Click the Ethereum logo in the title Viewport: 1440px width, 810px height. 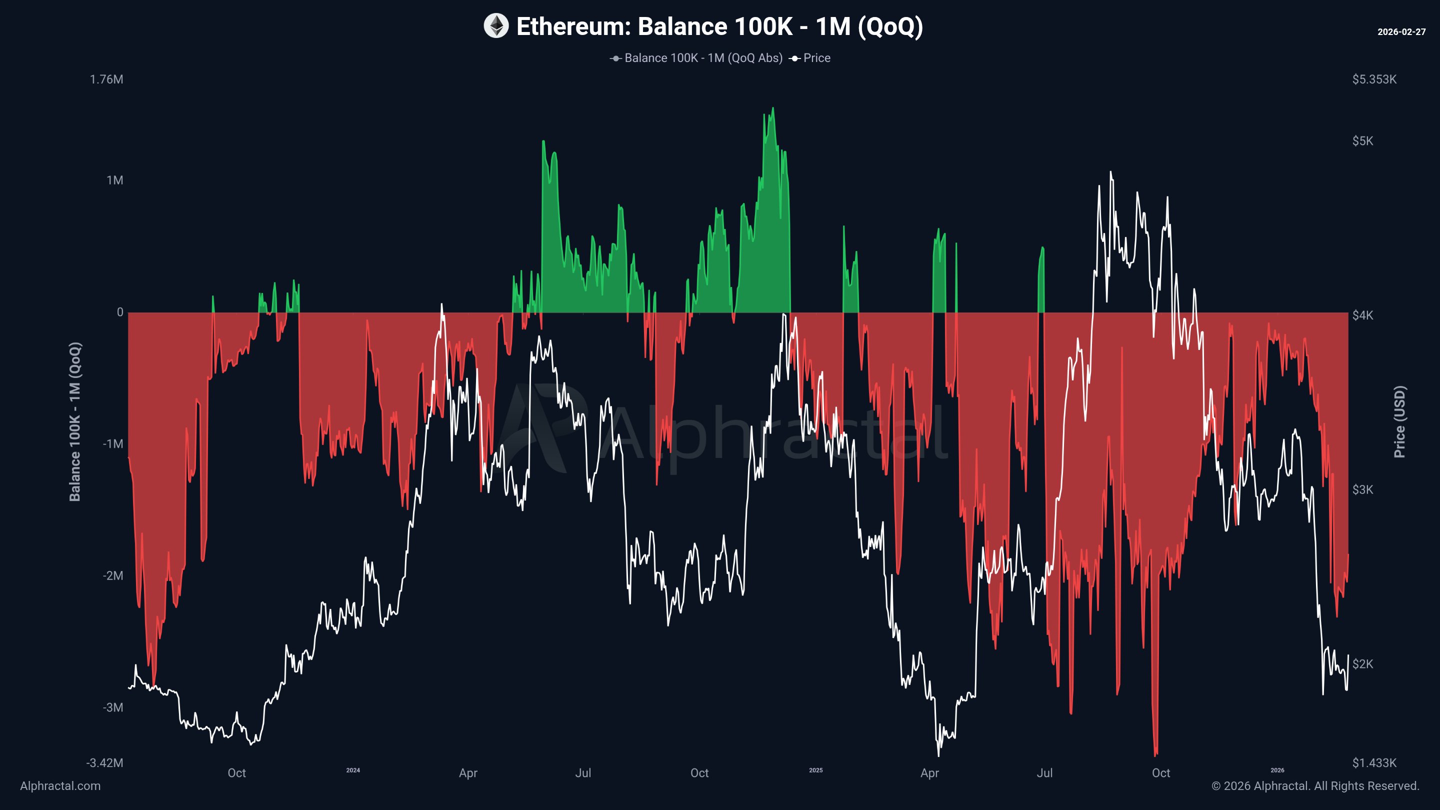496,26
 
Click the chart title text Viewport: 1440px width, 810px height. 719,26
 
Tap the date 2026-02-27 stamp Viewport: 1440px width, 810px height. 1401,32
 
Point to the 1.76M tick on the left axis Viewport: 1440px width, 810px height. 107,79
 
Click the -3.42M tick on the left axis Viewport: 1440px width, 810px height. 104,763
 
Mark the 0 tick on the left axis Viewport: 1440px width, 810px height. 119,312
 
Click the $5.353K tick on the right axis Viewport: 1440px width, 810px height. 1374,79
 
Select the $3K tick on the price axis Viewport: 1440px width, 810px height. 1362,489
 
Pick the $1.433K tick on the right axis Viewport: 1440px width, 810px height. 1374,763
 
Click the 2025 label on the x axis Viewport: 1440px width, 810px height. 815,770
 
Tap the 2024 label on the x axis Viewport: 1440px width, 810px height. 352,770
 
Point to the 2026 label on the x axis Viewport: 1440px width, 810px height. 1277,770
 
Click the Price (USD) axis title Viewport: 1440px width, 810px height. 1399,421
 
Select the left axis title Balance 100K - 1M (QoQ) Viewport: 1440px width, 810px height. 75,421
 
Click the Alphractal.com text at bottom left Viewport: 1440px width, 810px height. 60,786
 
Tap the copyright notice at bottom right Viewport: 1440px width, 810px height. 1315,786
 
